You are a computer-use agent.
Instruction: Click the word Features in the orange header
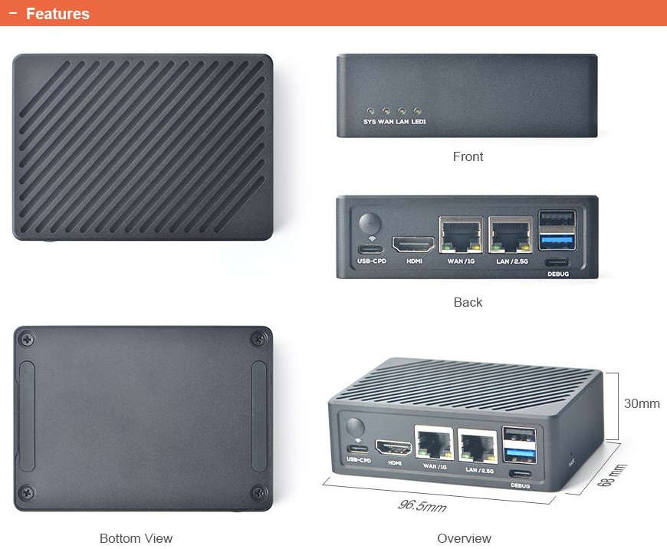coord(58,14)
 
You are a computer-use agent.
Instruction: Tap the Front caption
coord(468,156)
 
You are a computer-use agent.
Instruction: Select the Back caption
coord(468,302)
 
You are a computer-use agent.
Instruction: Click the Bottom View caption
coord(136,538)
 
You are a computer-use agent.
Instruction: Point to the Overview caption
coord(464,538)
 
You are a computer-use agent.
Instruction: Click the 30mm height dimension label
coord(642,403)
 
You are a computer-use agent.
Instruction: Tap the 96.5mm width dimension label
coord(422,506)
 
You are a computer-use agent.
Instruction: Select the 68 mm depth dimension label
coord(611,477)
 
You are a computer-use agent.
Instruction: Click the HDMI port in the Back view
coord(413,245)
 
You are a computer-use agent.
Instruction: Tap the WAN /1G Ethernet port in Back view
coord(461,235)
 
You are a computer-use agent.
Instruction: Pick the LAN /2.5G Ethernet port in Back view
coord(511,235)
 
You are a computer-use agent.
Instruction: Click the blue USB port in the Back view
coord(557,242)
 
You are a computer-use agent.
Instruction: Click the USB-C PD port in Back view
coord(371,249)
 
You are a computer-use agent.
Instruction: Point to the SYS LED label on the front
coord(370,121)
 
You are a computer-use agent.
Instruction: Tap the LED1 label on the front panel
coord(419,121)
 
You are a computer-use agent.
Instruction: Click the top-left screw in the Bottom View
coord(28,338)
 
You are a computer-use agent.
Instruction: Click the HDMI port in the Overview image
coord(394,447)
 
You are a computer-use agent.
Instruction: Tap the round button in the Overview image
coord(356,428)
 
